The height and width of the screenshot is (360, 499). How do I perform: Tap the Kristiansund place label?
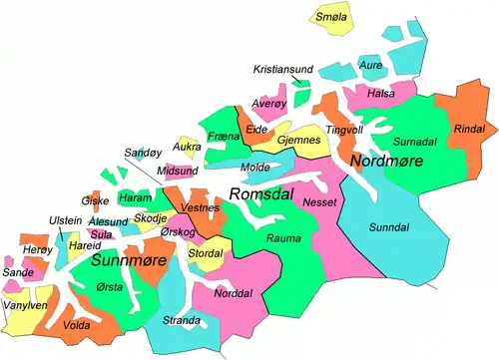pyautogui.click(x=283, y=69)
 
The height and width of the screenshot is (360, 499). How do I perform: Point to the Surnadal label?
pyautogui.click(x=415, y=143)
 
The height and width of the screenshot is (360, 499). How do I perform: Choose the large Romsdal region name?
pyautogui.click(x=261, y=194)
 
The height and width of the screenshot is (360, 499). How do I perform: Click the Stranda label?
pyautogui.click(x=182, y=321)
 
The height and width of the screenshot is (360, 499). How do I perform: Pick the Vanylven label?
pyautogui.click(x=25, y=306)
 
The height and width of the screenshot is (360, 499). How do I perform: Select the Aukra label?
pyautogui.click(x=187, y=147)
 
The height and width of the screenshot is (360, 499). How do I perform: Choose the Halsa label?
pyautogui.click(x=381, y=94)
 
